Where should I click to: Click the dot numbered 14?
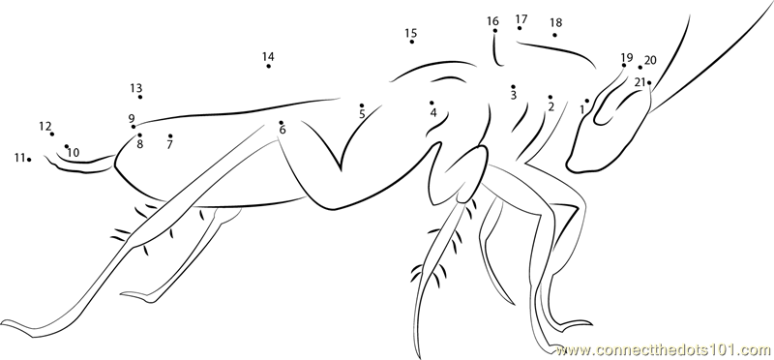tap(269, 66)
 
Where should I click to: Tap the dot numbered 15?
tap(412, 42)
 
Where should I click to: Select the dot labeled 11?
tap(29, 159)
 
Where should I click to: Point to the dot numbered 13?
tap(140, 97)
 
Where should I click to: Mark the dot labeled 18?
tap(554, 35)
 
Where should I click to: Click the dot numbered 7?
tap(170, 135)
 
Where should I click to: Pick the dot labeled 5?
tap(362, 105)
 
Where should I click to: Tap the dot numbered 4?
tap(432, 103)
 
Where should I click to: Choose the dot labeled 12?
tap(52, 134)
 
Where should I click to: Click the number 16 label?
tap(492, 21)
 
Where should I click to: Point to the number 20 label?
tap(650, 60)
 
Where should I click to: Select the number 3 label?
tap(514, 95)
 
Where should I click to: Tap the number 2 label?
tap(551, 106)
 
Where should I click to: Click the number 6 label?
tap(283, 131)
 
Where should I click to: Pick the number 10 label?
tap(74, 153)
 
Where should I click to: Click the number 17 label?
tap(521, 19)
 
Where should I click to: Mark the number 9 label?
tap(132, 118)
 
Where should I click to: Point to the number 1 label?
tap(582, 110)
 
